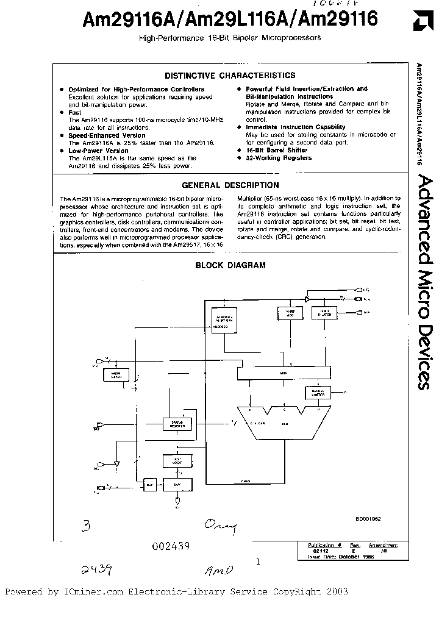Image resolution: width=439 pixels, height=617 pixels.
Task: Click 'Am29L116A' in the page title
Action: pyautogui.click(x=235, y=20)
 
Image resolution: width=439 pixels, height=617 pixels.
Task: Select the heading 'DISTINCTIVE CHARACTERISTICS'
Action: pyautogui.click(x=230, y=76)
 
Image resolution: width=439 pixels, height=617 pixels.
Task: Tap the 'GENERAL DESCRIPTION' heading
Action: pyautogui.click(x=230, y=185)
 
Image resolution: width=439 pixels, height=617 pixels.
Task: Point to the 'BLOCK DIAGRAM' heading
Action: pyautogui.click(x=230, y=265)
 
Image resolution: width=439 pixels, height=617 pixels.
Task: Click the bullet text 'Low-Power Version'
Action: pyautogui.click(x=98, y=151)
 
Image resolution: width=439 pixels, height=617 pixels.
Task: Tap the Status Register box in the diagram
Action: pyautogui.click(x=177, y=423)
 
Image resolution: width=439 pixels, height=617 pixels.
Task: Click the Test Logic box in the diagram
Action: pyautogui.click(x=176, y=462)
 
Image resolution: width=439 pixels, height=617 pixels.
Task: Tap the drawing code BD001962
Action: pyautogui.click(x=368, y=518)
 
